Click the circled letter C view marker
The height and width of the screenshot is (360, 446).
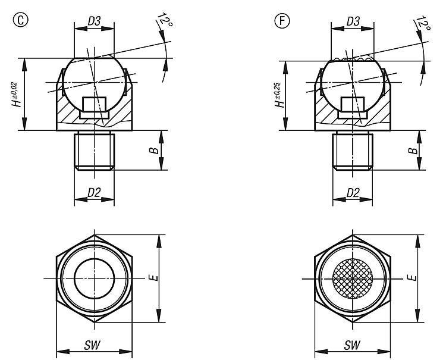click(x=21, y=20)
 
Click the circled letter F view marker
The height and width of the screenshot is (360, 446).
click(x=282, y=21)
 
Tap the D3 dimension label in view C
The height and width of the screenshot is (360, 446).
click(x=94, y=21)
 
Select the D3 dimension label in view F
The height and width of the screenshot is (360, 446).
click(x=353, y=21)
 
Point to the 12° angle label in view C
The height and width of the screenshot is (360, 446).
click(x=165, y=20)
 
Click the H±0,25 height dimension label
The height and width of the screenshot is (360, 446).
click(x=279, y=95)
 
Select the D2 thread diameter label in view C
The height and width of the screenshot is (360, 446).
click(x=94, y=193)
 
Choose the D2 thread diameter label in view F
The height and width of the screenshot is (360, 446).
click(x=353, y=193)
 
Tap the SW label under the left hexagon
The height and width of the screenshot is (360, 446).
click(x=92, y=345)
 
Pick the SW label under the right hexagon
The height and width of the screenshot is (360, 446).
click(x=352, y=345)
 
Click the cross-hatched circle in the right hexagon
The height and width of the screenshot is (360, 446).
click(x=353, y=278)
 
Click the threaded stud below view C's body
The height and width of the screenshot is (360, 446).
click(x=94, y=151)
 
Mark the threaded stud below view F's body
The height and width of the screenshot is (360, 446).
click(x=353, y=151)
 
